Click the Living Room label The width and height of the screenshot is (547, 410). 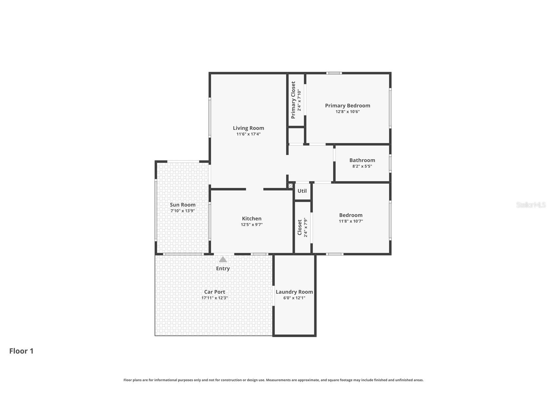point(248,128)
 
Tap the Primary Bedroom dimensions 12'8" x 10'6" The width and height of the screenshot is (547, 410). point(347,112)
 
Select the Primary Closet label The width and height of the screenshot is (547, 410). point(293,100)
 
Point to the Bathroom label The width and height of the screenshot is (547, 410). point(362,160)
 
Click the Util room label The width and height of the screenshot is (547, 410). point(302,191)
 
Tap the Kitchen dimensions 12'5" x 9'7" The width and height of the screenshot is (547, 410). point(252,225)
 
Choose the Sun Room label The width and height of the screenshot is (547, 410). point(182,205)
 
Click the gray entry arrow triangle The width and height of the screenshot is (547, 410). point(223,259)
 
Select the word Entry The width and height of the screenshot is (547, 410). point(223,268)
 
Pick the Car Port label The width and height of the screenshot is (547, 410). point(215,292)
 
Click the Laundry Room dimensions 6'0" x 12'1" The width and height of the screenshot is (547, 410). point(294,298)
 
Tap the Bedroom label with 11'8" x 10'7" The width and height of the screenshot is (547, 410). point(351,215)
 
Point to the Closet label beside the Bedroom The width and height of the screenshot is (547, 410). point(300,228)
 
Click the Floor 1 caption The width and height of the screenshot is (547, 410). point(21,351)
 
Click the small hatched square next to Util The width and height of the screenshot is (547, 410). point(290,186)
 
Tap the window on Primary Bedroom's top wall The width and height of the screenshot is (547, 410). point(334,73)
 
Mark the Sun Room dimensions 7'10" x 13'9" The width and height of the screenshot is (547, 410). point(182,211)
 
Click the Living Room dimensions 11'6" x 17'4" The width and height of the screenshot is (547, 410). point(248,134)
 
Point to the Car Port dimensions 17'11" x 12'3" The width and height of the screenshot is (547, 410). point(215,298)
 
